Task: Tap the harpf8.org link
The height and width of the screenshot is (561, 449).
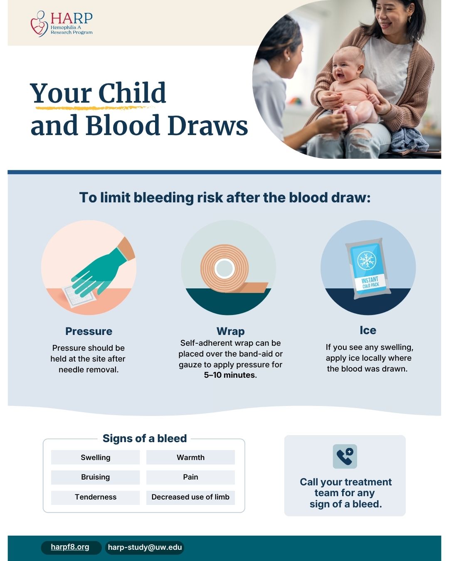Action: pos(70,546)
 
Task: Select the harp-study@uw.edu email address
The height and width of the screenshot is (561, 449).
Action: pos(145,547)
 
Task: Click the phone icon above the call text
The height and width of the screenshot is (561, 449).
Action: pos(345,456)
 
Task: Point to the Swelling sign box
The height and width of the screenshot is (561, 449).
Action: pos(95,457)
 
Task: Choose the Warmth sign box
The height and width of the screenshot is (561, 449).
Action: pos(190,457)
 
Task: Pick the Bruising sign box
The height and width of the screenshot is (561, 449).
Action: pos(95,477)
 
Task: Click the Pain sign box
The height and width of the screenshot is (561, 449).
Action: pos(190,477)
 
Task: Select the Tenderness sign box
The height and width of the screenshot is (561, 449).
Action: pos(95,497)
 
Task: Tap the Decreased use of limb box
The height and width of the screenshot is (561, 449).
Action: pos(190,497)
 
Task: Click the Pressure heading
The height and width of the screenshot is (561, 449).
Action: pos(89,331)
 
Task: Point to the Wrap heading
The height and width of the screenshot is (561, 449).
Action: pos(231,332)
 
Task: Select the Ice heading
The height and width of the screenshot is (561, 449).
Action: pos(368,330)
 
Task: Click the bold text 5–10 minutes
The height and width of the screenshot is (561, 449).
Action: pos(229,375)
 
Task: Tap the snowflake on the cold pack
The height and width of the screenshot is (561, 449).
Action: pos(367,260)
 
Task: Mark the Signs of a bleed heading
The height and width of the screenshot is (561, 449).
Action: pos(145,438)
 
